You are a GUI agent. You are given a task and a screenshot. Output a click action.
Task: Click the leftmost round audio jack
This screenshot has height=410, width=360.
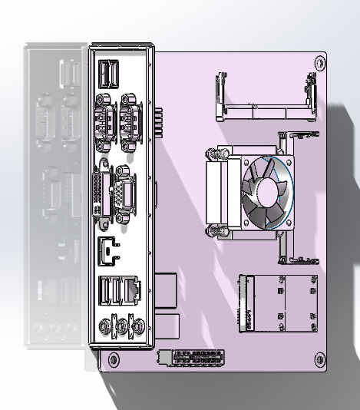(103, 326)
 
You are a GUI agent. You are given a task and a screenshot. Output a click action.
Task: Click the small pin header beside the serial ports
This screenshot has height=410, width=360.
(160, 121)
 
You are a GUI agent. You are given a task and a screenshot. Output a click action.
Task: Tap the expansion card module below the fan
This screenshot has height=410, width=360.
(280, 305)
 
